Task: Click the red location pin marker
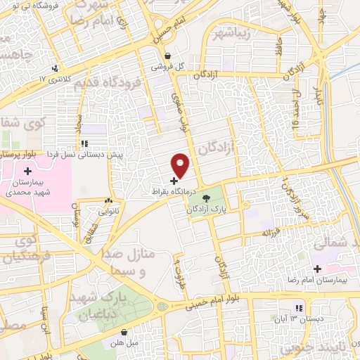pos(181,166)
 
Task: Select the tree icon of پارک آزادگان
pos(207,200)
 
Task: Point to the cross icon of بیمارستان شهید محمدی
pos(27,172)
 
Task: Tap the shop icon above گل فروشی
pos(167,56)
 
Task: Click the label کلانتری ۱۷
pos(60,79)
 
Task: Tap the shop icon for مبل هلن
pos(124,333)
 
